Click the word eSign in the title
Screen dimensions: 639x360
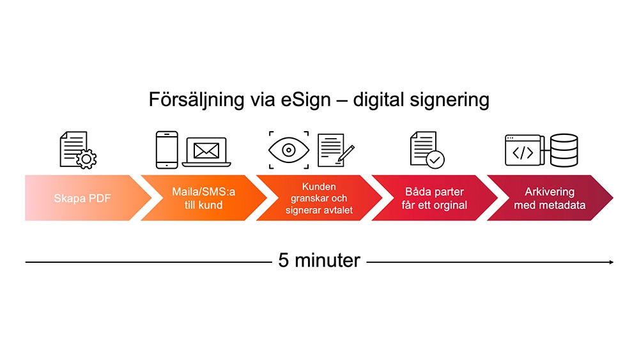point(305,100)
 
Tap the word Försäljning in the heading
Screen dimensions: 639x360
point(196,100)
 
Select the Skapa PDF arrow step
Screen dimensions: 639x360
point(88,198)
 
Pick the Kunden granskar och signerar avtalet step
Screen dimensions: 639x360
point(319,198)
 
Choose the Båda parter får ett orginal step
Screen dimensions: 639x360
point(435,198)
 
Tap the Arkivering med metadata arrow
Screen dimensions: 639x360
point(550,198)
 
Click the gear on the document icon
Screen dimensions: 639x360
point(86,159)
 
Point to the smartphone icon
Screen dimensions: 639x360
point(167,150)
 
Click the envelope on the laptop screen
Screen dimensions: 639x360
point(206,151)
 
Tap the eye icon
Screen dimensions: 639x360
point(289,150)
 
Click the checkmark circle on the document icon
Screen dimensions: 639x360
point(435,159)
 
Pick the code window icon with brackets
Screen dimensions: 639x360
point(525,150)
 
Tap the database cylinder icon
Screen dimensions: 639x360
point(564,150)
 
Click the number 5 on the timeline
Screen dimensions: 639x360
point(283,260)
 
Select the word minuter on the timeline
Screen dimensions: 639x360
point(327,260)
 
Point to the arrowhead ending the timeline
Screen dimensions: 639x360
point(612,262)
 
